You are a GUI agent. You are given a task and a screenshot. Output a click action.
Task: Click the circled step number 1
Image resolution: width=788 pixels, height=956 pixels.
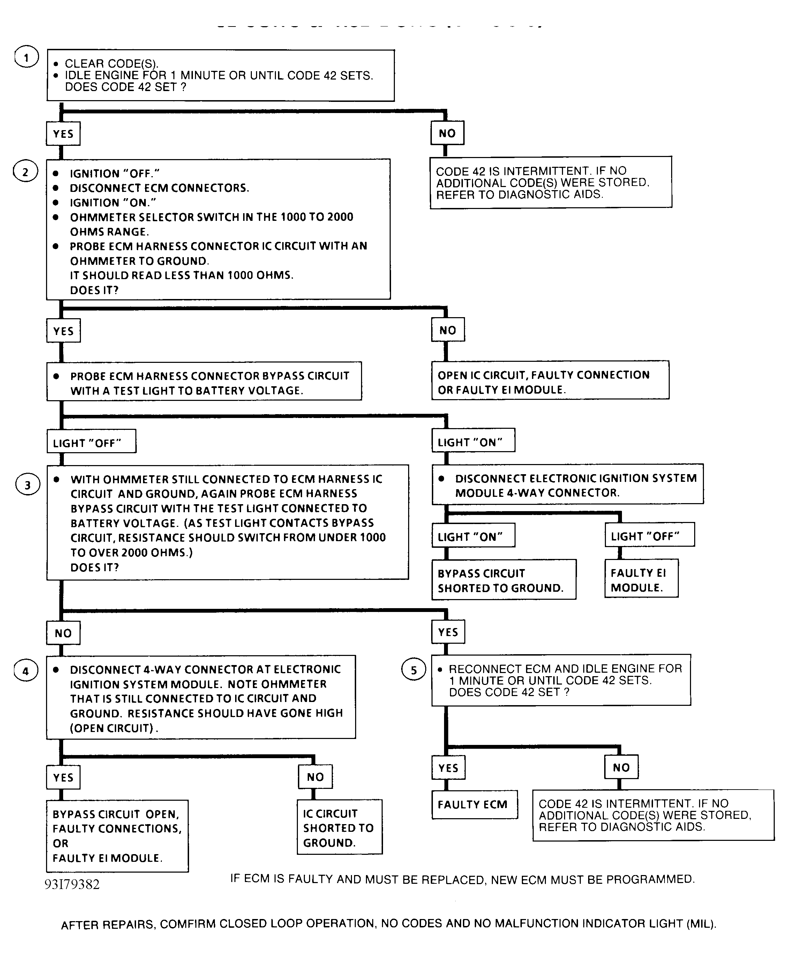pyautogui.click(x=26, y=58)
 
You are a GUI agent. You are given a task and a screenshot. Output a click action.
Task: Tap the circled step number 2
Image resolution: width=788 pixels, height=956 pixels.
pyautogui.click(x=25, y=172)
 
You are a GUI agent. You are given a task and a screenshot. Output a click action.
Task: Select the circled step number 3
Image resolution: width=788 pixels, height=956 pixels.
pyautogui.click(x=28, y=485)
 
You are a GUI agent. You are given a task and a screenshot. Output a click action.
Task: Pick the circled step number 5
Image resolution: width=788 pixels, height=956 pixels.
pyautogui.click(x=413, y=670)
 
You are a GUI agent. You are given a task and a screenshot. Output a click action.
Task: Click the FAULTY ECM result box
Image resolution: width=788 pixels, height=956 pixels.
pyautogui.click(x=474, y=804)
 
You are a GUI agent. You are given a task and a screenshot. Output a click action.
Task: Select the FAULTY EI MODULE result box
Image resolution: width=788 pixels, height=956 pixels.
pyautogui.click(x=641, y=580)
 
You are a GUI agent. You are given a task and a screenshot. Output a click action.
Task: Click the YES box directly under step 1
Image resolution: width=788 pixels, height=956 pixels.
pyautogui.click(x=63, y=134)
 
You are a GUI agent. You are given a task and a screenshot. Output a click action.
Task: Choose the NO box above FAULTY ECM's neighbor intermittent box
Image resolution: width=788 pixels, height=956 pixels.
pyautogui.click(x=621, y=767)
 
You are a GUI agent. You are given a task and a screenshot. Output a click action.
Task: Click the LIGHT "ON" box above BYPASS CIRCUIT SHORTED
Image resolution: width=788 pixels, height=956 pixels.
pyautogui.click(x=473, y=537)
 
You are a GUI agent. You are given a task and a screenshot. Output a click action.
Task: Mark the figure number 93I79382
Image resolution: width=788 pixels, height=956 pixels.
pyautogui.click(x=72, y=884)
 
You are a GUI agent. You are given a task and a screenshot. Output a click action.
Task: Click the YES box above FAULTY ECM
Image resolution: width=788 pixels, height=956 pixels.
pyautogui.click(x=448, y=768)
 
